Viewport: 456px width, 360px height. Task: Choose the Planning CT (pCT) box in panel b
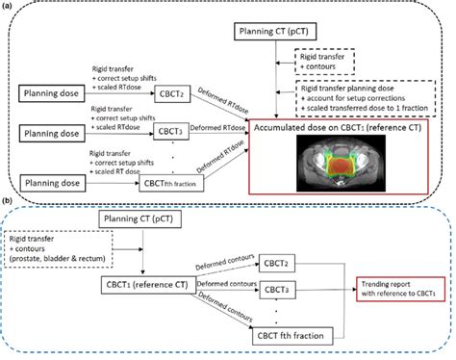(x=140, y=220)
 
